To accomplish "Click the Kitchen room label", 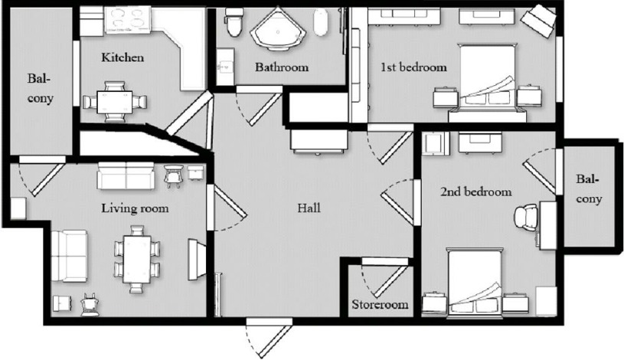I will pos(123,58).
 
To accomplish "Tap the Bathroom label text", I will pos(282,67).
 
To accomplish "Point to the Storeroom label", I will pos(380,304).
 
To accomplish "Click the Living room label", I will pos(136,208).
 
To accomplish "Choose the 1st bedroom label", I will pos(413,67).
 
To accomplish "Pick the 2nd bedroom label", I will pos(475,191).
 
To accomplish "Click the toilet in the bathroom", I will pos(235,23).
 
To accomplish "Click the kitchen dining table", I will pos(114,101).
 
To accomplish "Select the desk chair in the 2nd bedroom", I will pos(527,218).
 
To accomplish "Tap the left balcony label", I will pos(39,88).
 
